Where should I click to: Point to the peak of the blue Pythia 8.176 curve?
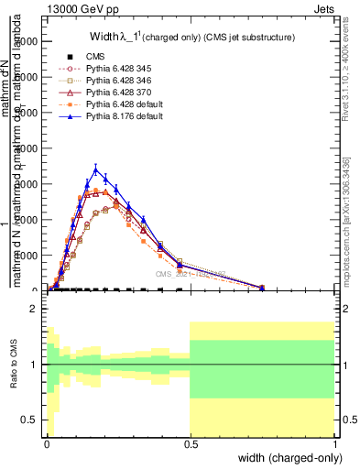point(96,169)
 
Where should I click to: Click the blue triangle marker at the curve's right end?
point(262,288)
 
